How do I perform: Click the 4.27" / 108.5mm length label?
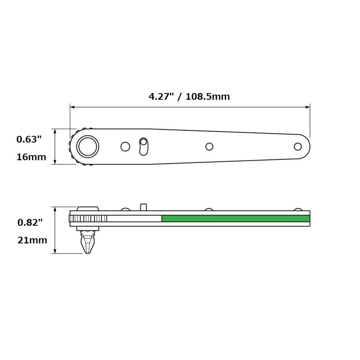[x=190, y=97]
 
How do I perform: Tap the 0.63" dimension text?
[x=29, y=139]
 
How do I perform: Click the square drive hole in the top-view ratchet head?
[x=88, y=146]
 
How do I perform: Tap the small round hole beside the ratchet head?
[x=125, y=146]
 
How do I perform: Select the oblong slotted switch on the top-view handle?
[x=143, y=147]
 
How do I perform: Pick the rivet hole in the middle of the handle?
[x=209, y=146]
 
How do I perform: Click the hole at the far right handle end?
[x=297, y=146]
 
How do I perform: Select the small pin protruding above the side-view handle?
[x=143, y=207]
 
